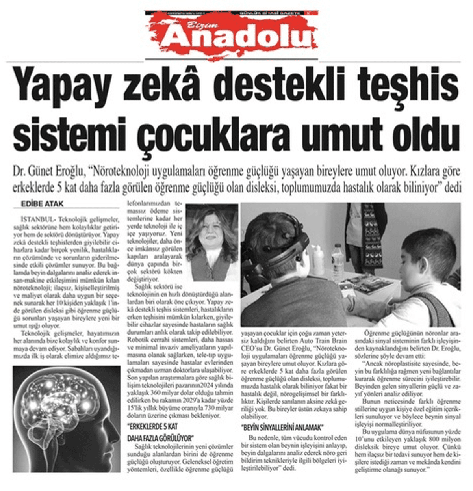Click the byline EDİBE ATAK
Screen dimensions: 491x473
click(42, 204)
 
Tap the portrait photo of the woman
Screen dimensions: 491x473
click(211, 242)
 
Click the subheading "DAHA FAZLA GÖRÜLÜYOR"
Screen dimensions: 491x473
click(161, 438)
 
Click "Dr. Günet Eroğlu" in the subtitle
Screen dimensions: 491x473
click(49, 173)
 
